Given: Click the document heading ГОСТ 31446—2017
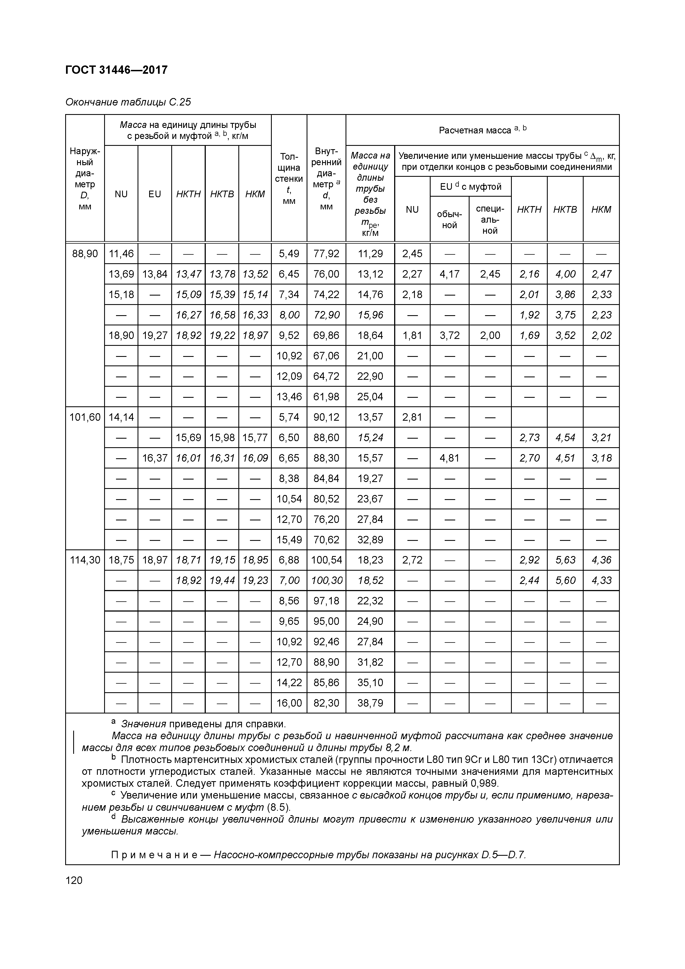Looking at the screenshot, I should tap(117, 70).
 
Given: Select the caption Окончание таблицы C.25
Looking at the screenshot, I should tap(128, 102).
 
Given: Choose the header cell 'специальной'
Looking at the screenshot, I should tap(490, 219).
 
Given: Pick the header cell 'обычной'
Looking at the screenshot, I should tap(449, 219).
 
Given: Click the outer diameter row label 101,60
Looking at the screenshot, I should tap(85, 417).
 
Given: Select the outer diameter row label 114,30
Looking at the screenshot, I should tap(85, 560).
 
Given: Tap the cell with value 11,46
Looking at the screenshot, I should tap(121, 254).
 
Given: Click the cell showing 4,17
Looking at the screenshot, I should tap(449, 274).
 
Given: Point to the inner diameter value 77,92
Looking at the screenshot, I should tap(326, 254).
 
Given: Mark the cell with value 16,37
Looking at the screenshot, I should tap(154, 458).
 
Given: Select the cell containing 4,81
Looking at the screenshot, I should tap(449, 458).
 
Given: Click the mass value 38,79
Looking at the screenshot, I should tap(370, 703).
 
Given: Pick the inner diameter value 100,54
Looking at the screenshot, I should tap(326, 560).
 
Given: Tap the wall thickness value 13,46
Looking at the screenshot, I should tap(289, 397).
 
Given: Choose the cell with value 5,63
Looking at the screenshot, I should tap(565, 560).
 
